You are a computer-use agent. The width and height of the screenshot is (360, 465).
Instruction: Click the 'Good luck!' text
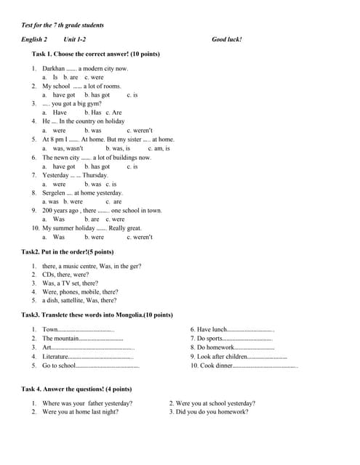click(227, 39)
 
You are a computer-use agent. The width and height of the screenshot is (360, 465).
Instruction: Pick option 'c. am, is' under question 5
click(159, 148)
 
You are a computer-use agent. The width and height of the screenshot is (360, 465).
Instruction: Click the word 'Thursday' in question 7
click(95, 175)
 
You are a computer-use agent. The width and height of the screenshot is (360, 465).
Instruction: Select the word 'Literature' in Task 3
click(55, 357)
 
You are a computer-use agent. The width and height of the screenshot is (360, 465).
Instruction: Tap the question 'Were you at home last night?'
click(80, 412)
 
